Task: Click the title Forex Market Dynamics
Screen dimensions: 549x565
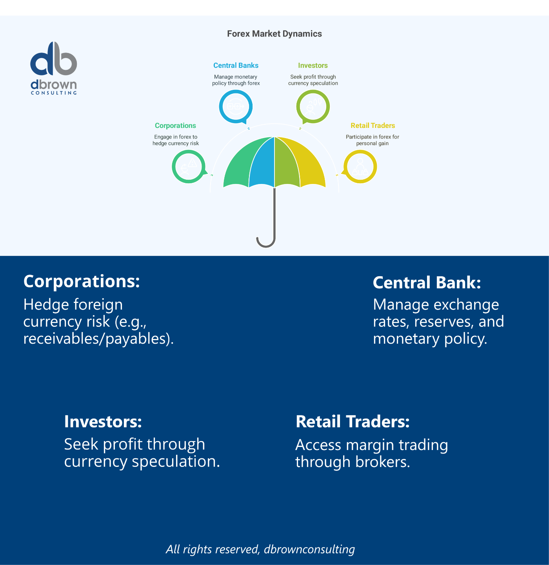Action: pos(274,34)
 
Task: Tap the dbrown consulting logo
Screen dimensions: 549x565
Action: pos(54,68)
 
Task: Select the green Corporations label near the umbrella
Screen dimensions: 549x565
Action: pos(175,126)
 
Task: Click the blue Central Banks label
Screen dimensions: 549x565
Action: pos(236,66)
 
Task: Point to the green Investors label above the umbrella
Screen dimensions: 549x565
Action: pos(313,66)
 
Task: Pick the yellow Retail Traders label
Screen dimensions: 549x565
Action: pos(373,126)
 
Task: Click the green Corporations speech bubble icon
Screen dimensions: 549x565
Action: pos(189,167)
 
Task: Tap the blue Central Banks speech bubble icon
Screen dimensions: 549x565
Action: pos(235,106)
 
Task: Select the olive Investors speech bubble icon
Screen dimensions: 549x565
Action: pos(313,106)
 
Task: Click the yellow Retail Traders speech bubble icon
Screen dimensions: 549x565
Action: pos(360,167)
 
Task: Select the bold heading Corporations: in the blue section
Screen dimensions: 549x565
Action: pos(82,281)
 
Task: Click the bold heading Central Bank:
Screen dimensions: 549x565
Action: pos(427,282)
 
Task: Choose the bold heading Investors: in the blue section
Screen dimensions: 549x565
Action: pos(103,421)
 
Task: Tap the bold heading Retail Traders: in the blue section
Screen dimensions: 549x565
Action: pos(353,421)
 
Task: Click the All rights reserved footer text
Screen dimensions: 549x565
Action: pos(260,549)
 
